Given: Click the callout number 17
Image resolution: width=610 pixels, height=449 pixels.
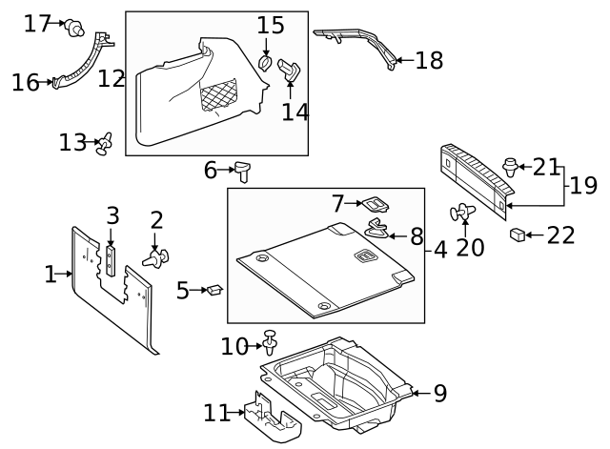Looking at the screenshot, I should click(x=37, y=23).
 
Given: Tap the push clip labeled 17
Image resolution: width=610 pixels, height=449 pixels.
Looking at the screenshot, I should click(x=72, y=27).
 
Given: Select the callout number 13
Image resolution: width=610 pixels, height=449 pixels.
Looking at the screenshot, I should click(x=72, y=142).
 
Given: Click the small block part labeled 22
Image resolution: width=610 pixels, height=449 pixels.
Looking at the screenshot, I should click(x=518, y=235).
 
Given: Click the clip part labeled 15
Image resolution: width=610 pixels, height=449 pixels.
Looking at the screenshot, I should click(x=266, y=64).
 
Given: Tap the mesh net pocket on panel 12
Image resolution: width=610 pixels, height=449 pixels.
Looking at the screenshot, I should click(x=218, y=96).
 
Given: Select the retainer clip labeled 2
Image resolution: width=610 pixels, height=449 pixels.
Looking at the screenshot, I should click(x=157, y=255).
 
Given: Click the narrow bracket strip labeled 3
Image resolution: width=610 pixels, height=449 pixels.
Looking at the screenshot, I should click(x=112, y=256).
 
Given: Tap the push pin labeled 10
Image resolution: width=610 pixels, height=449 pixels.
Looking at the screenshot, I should click(x=272, y=339).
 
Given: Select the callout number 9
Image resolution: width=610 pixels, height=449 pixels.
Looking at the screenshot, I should click(x=439, y=393).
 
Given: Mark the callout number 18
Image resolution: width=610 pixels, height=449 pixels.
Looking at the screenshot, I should click(x=430, y=61).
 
